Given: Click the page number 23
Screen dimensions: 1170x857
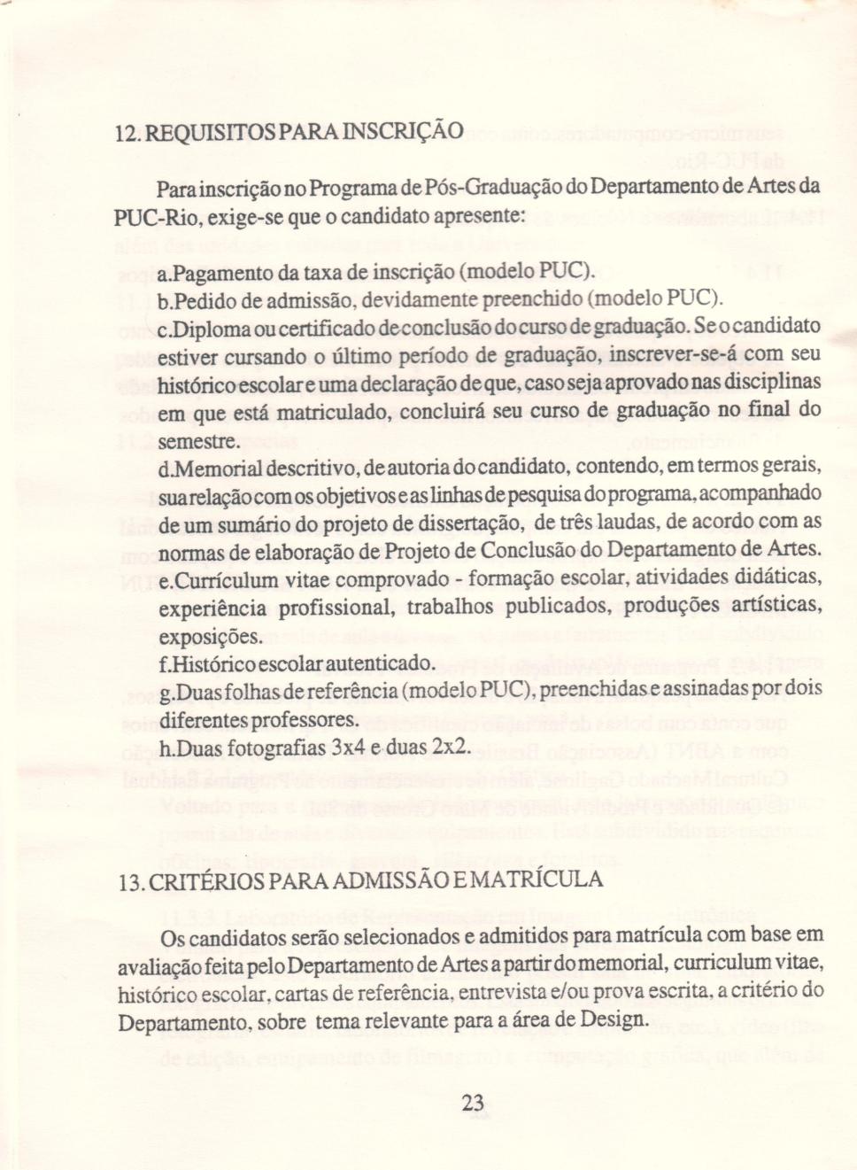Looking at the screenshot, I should pyautogui.click(x=473, y=1103).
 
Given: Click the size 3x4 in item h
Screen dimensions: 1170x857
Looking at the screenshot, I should pyautogui.click(x=348, y=748).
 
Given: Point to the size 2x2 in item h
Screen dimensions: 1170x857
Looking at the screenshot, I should pyautogui.click(x=449, y=747).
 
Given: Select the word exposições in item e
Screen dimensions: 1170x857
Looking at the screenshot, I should pyautogui.click(x=209, y=638).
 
